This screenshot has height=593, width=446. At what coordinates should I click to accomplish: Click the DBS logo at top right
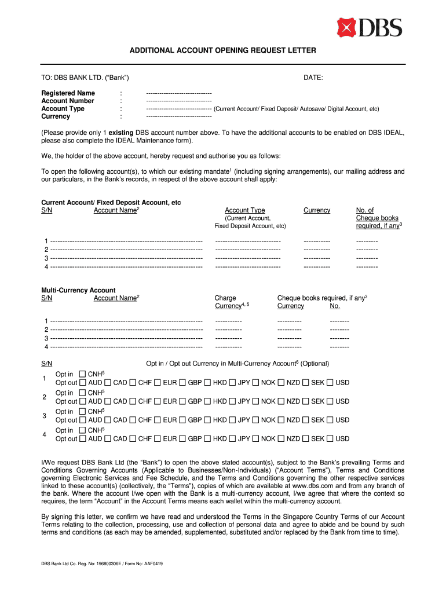pos(370,27)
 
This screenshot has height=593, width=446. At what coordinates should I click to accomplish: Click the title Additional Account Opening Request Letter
pos(223,51)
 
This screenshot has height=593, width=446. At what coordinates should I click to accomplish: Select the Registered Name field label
pos(68,93)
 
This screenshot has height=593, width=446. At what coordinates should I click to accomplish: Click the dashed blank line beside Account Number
pos(178,101)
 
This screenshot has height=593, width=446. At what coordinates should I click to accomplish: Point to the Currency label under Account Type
pos(56,116)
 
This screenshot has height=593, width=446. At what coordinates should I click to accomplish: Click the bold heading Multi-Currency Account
pos(78,290)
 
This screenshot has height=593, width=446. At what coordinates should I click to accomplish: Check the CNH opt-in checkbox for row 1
pos(82,375)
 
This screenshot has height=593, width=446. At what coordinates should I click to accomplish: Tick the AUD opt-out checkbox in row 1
pos(83,383)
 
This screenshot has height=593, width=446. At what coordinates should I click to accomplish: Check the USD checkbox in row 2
pos(330,401)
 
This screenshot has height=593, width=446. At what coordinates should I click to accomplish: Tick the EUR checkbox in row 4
pos(158,439)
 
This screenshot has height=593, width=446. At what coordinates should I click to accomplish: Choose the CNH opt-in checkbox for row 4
pos(82,430)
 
